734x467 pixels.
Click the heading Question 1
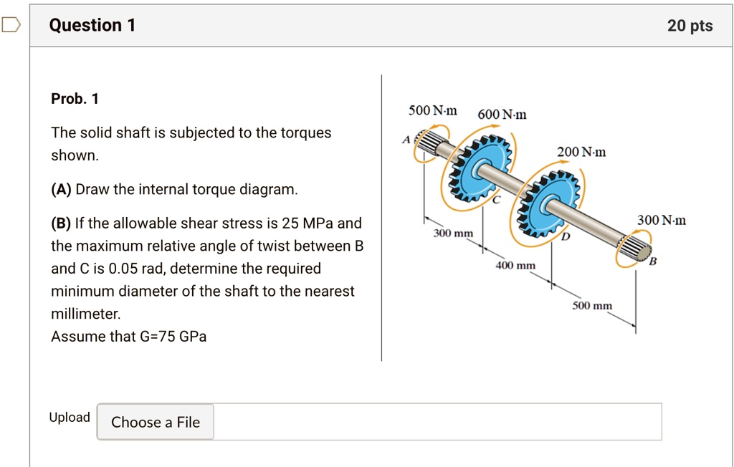(x=92, y=26)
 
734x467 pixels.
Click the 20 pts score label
(x=690, y=26)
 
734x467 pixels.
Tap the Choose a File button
(x=156, y=422)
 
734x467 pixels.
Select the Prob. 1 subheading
(x=75, y=99)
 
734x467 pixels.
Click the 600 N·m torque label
(x=502, y=115)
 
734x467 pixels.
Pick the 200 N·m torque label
(x=581, y=152)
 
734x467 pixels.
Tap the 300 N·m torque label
(x=661, y=221)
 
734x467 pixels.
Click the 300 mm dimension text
(x=453, y=234)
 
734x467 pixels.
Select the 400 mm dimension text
(x=515, y=266)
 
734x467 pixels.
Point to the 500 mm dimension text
(x=592, y=306)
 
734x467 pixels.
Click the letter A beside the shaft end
(x=406, y=140)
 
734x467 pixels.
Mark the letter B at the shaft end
(x=652, y=262)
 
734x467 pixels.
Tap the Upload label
(x=70, y=418)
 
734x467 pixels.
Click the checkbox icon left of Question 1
(x=10, y=26)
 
